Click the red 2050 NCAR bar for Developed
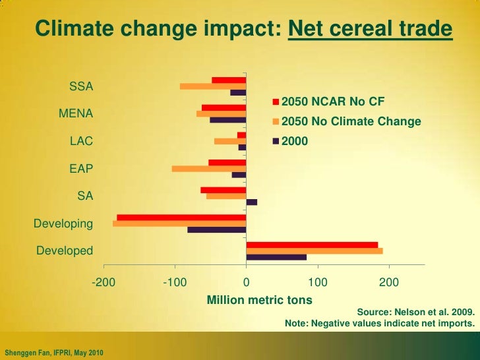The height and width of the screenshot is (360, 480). coord(312,245)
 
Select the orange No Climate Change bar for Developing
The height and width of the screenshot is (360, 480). coord(179,224)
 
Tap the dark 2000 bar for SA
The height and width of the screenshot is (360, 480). coord(252,202)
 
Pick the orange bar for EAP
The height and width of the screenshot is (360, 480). coord(209,169)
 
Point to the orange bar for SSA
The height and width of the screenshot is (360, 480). coord(213,86)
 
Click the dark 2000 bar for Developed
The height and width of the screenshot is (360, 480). coord(276,257)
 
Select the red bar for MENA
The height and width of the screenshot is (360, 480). coord(224,107)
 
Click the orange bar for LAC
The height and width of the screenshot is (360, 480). coord(230,141)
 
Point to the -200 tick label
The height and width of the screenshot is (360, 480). coord(103,283)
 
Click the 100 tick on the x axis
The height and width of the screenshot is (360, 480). coord(318,283)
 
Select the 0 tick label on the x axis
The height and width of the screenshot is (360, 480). coord(246,283)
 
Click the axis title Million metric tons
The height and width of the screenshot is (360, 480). coord(260,301)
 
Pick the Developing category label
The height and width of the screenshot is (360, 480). coord(63,224)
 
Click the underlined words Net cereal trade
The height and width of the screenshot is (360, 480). coord(371,30)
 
